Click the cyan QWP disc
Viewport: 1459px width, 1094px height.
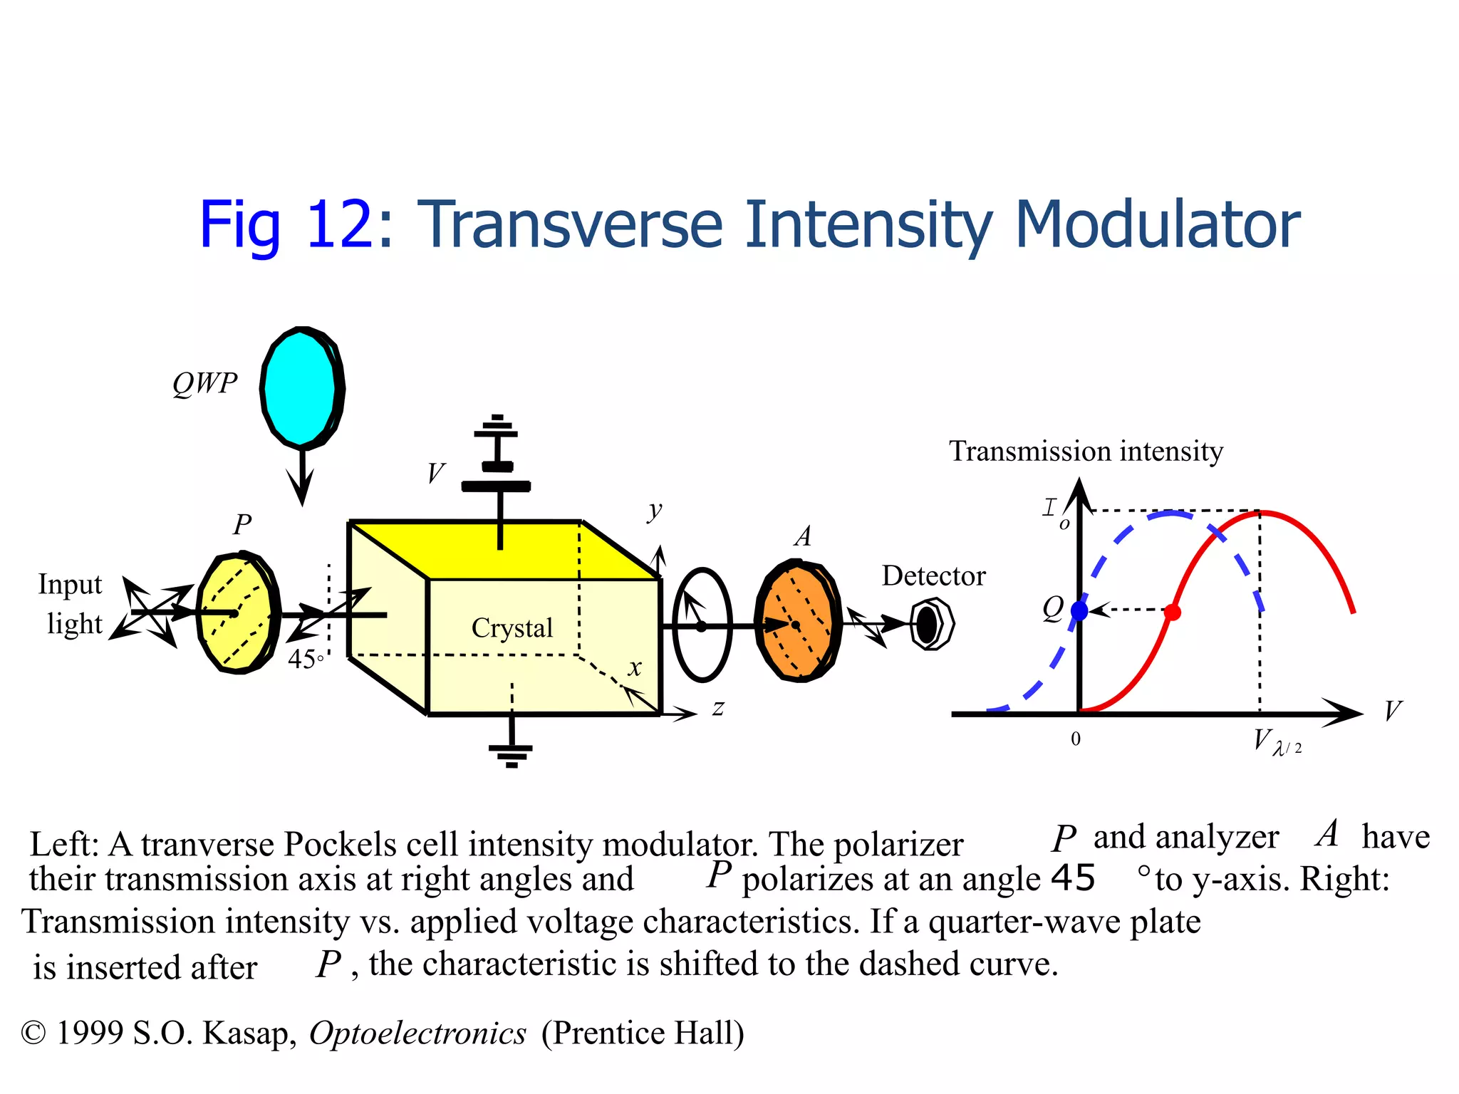301,389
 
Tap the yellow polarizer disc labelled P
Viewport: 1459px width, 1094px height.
237,613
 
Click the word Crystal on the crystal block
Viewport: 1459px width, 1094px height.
512,628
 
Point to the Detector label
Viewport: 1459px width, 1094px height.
933,575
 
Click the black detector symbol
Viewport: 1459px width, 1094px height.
930,625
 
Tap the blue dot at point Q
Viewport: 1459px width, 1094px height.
1079,610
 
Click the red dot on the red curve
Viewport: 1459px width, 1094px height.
1173,612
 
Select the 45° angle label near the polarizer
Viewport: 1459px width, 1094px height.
305,660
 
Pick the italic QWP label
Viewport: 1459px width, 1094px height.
204,384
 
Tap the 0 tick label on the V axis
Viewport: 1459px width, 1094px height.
1076,739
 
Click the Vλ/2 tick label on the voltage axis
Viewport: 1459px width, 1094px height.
1276,742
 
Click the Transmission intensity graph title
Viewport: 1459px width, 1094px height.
1086,452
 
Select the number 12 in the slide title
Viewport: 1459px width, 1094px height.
338,225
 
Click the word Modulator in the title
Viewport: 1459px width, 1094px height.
1157,225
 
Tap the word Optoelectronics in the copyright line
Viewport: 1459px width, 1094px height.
417,1033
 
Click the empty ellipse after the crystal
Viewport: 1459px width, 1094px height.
702,625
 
